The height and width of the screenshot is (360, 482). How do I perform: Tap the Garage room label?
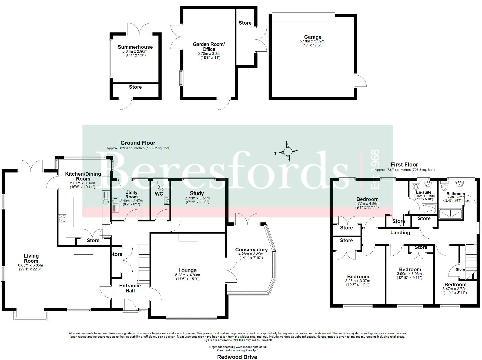point(313,37)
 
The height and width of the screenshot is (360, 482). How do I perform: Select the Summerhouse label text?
point(135,47)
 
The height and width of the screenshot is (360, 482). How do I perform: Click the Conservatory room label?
point(251,250)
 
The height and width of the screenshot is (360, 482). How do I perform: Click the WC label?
point(159,194)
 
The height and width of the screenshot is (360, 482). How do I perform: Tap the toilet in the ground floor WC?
point(161,187)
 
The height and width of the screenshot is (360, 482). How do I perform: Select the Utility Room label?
point(131,195)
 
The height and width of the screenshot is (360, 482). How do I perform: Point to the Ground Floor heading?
point(138,143)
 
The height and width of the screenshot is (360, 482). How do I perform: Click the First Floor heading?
point(404,165)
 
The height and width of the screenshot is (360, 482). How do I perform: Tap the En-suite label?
point(424,192)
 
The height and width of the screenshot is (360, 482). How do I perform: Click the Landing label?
point(400,232)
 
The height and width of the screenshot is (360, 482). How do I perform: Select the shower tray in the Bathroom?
point(450,214)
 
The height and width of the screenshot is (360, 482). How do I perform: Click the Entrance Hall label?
point(130,288)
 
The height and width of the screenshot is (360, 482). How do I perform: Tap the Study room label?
point(197,193)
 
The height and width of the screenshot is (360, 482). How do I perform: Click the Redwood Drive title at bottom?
point(237,357)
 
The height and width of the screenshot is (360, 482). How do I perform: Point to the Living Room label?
point(31,258)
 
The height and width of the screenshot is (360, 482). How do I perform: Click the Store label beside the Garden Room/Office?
point(245,23)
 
